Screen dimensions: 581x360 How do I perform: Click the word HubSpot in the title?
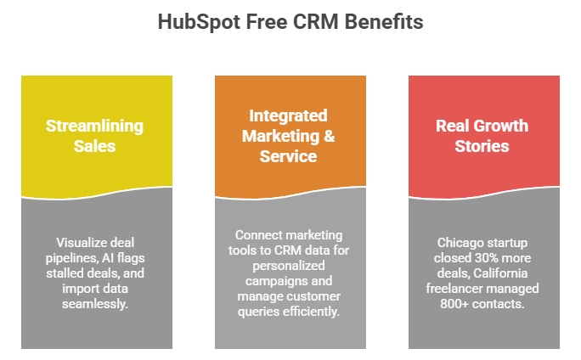[x=200, y=22]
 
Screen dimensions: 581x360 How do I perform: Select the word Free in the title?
[x=267, y=21]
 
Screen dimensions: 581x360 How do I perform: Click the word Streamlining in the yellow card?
[x=94, y=127]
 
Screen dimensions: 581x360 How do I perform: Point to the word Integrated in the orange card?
[x=288, y=116]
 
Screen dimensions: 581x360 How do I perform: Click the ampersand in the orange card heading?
[x=330, y=136]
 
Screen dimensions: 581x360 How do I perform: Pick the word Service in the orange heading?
[x=288, y=156]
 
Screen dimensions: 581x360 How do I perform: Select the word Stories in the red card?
[x=482, y=146]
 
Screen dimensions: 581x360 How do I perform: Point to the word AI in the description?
[x=108, y=258]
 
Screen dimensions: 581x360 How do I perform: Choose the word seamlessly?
[x=95, y=304]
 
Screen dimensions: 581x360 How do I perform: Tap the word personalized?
[x=289, y=266]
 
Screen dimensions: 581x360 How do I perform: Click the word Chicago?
[x=460, y=243]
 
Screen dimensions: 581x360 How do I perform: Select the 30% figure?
[x=482, y=258]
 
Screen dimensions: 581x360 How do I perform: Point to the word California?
[x=500, y=273]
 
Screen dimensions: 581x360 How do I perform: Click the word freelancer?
[x=453, y=289]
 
